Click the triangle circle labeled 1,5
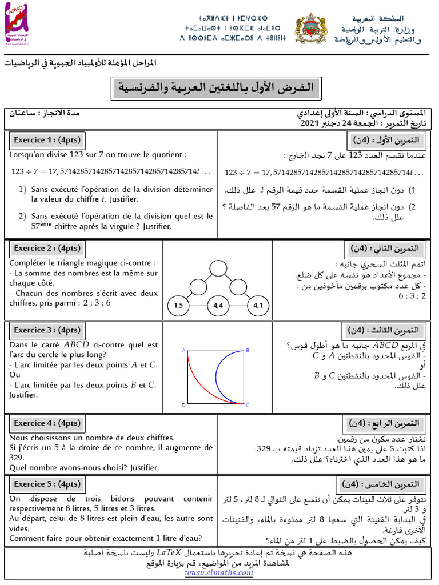click(x=178, y=306)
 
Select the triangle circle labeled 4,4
click(x=218, y=306)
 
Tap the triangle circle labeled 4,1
click(x=257, y=306)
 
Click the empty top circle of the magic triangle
click(x=218, y=268)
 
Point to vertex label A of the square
click(x=183, y=351)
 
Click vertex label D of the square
click(x=183, y=405)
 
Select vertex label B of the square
click(x=248, y=351)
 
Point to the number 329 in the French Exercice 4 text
click(x=17, y=458)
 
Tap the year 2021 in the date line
click(x=310, y=122)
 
